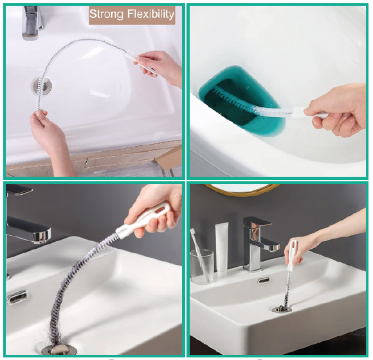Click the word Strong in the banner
107,14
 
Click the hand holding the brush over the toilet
338,109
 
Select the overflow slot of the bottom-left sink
17,297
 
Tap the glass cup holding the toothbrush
202,267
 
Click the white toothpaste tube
222,249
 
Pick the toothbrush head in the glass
192,233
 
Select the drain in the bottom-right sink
282,309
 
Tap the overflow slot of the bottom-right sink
264,280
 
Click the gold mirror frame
241,189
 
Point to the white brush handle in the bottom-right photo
291,256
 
